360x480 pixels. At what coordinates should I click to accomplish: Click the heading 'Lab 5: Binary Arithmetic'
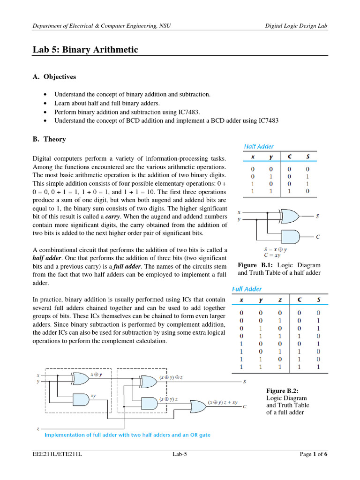coord(85,50)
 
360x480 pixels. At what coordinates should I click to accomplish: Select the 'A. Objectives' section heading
coord(54,76)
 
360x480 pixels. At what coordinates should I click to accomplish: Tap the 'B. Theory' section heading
coord(49,139)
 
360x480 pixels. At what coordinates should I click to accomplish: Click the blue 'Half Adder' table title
coord(259,147)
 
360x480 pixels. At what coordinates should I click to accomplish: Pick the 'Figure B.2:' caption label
coord(281,390)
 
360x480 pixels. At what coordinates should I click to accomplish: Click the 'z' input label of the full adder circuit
coord(38,428)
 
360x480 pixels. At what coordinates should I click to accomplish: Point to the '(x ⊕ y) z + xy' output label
coord(223,402)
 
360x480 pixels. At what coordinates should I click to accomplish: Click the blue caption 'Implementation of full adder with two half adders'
coord(127,435)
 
